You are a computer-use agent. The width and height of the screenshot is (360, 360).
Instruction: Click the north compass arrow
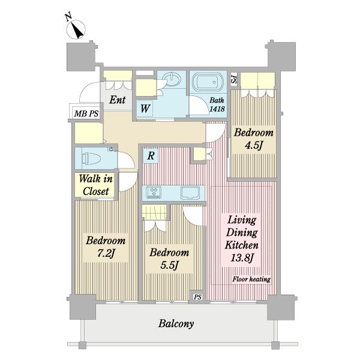click(77, 30)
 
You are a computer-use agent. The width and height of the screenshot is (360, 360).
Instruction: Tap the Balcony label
click(176, 323)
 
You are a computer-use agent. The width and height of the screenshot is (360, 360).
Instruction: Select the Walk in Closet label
click(96, 185)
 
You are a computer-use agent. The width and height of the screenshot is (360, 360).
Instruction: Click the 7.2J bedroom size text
click(106, 253)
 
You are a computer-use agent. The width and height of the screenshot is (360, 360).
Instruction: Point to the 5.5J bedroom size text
click(169, 265)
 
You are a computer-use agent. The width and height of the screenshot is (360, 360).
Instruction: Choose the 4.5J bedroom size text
click(254, 145)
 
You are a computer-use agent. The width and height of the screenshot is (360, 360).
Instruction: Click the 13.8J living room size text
click(242, 258)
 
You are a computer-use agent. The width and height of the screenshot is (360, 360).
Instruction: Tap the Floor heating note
click(251, 279)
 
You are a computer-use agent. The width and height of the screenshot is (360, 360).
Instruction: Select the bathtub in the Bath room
click(208, 82)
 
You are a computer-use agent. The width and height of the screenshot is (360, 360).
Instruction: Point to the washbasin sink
click(171, 79)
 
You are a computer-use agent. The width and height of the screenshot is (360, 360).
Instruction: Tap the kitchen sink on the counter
click(190, 193)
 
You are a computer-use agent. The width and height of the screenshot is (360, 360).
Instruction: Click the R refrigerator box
click(151, 155)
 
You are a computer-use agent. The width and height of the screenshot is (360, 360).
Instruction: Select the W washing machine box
click(145, 109)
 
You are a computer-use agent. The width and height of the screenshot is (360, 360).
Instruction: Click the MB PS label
click(86, 113)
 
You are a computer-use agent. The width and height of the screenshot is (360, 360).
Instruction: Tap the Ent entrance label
click(118, 100)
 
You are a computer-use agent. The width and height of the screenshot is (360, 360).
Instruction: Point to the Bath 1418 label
click(217, 104)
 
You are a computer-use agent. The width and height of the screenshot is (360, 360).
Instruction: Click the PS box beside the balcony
click(197, 296)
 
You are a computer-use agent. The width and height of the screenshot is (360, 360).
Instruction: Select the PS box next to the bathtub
click(234, 79)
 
